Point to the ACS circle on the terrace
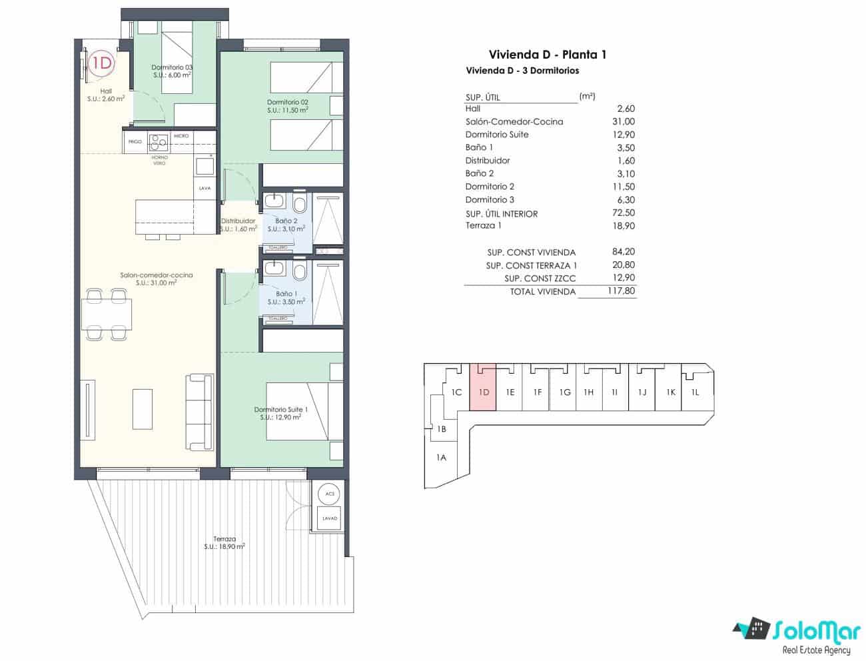329,494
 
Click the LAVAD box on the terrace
330,518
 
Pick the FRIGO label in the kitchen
135,142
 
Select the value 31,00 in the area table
624,121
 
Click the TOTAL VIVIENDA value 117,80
621,291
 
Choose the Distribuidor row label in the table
488,161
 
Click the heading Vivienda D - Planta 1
548,55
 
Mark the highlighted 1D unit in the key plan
484,392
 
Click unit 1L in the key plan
695,392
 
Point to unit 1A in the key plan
441,458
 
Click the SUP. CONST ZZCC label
540,279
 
